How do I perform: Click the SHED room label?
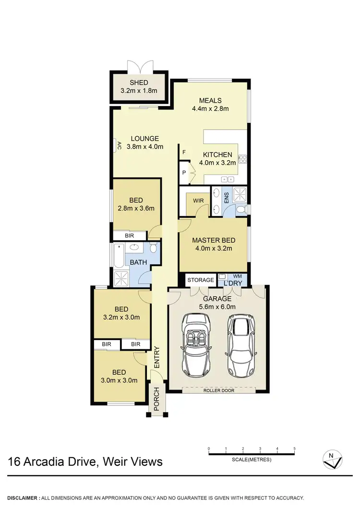(x=139, y=83)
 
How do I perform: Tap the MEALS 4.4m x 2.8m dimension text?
(x=210, y=108)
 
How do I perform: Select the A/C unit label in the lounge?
(x=119, y=146)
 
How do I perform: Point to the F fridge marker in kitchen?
(x=184, y=153)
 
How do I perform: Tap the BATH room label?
(x=138, y=262)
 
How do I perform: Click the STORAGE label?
(x=200, y=280)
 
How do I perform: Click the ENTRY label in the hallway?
(x=156, y=357)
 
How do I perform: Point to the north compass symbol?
(x=332, y=460)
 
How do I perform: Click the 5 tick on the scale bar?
(x=294, y=450)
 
